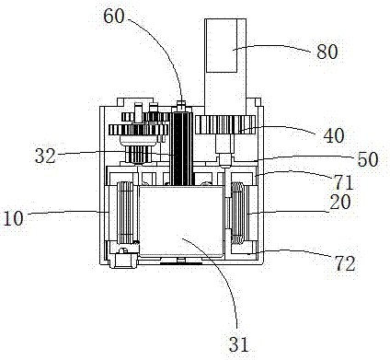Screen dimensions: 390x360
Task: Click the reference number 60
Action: click(x=114, y=17)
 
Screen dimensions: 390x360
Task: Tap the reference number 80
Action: click(x=327, y=52)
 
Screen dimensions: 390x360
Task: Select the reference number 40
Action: click(x=334, y=135)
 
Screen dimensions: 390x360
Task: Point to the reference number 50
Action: click(x=368, y=159)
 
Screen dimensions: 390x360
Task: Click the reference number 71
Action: click(x=344, y=182)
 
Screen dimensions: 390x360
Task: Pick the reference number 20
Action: click(x=339, y=203)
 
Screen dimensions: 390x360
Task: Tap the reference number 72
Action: click(x=345, y=263)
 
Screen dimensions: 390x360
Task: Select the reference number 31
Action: click(x=238, y=344)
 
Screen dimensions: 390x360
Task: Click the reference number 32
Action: click(x=45, y=156)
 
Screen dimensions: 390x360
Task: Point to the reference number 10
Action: click(x=12, y=218)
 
